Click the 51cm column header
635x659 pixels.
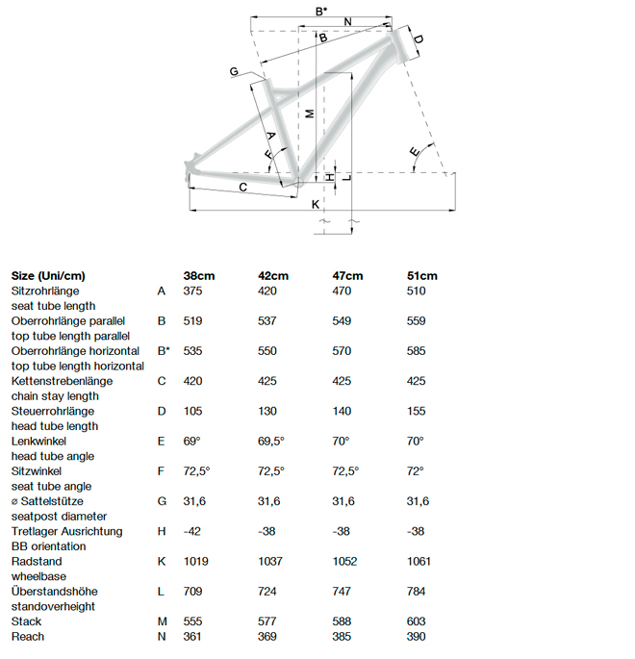422,275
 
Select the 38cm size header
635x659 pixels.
199,275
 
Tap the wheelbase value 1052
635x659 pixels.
344,561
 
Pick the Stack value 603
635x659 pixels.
419,621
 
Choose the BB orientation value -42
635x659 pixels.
193,531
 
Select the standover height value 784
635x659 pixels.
419,591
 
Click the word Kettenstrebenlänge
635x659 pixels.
62,381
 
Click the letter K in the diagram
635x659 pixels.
315,204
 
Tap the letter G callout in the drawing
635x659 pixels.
234,72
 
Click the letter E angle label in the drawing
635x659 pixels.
415,153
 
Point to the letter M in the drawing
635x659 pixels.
309,113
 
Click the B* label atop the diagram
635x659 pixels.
321,11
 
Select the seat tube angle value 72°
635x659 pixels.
417,471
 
